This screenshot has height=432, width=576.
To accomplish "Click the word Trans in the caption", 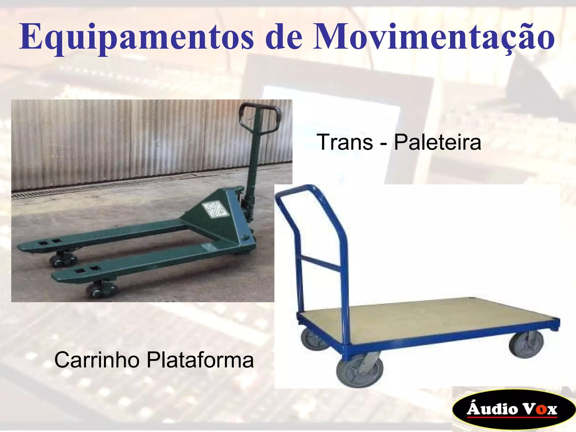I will click(x=345, y=142).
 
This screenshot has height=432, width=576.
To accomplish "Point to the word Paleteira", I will click(x=438, y=142).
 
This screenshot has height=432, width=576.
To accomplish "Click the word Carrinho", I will click(x=97, y=360).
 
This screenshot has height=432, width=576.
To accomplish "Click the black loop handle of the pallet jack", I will click(x=260, y=115).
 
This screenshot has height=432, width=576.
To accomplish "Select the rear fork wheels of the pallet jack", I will click(x=63, y=259).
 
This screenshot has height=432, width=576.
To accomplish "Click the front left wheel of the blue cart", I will click(x=359, y=371).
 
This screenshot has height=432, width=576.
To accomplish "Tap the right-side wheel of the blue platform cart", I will click(x=526, y=344).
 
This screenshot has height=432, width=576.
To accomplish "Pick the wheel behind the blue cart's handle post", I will click(x=312, y=339).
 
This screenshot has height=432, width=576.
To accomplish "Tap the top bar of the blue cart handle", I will click(x=295, y=188).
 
